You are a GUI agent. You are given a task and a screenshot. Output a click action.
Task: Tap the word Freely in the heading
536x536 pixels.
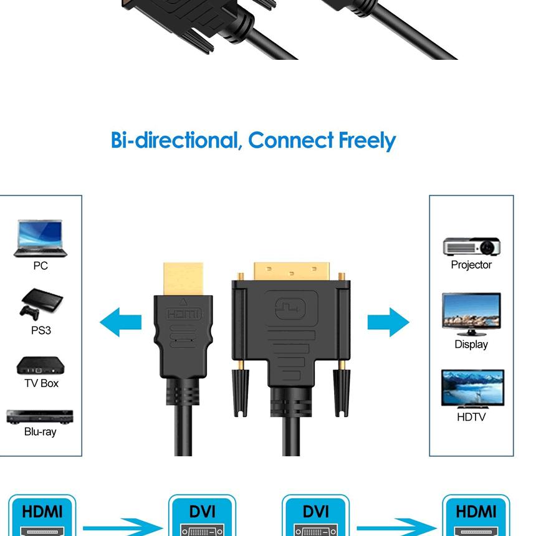tap(367, 141)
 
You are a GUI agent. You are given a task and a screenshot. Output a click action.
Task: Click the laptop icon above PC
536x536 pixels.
tap(40, 239)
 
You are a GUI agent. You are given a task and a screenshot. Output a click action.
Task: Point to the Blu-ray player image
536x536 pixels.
tap(40, 416)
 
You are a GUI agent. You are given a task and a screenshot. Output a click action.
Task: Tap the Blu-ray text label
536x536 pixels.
tap(41, 432)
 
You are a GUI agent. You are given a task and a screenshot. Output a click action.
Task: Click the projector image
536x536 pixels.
tap(472, 246)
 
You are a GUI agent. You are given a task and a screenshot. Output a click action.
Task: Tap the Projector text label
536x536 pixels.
tap(471, 265)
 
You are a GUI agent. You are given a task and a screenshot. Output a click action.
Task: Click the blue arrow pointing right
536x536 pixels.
tap(388, 322)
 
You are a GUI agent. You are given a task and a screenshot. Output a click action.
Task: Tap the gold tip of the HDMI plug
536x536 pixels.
tap(183, 279)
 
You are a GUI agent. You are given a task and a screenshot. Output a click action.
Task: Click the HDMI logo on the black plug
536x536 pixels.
tap(184, 313)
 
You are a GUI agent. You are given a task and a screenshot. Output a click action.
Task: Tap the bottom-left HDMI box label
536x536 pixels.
tap(42, 512)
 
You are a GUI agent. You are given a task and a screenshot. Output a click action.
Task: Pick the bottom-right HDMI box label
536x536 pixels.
tap(476, 512)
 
